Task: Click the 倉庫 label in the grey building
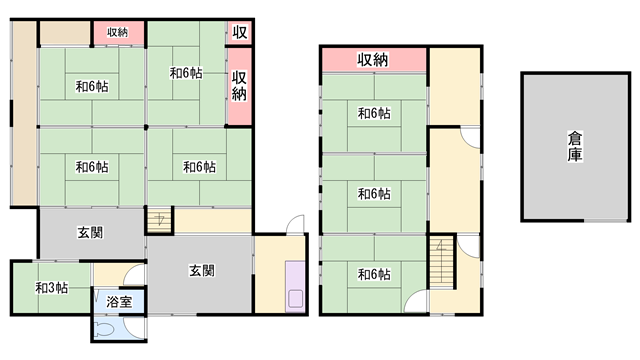click(x=575, y=146)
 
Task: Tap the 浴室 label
click(x=119, y=302)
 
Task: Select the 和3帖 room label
click(x=51, y=288)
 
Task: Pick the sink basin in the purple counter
click(x=296, y=298)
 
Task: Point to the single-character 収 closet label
click(x=240, y=32)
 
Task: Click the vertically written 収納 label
click(x=239, y=86)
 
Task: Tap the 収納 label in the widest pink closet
click(x=373, y=60)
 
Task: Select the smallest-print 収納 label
click(x=118, y=32)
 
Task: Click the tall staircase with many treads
click(x=442, y=261)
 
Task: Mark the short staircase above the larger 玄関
click(x=159, y=220)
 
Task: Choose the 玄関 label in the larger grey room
click(x=202, y=270)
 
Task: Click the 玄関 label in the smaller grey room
click(x=90, y=233)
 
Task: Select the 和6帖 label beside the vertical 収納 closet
click(x=186, y=73)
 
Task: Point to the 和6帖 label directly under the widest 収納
click(x=374, y=113)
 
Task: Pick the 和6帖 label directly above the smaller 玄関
click(x=92, y=167)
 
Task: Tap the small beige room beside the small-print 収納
click(x=65, y=33)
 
